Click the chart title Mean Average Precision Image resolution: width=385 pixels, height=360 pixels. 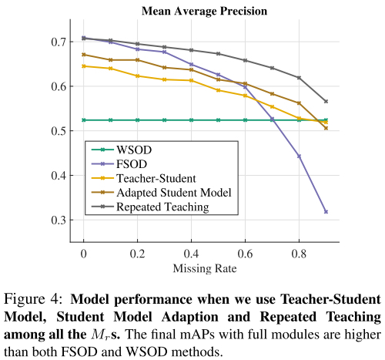click(x=205, y=11)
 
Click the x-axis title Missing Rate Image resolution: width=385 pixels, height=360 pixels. click(x=205, y=267)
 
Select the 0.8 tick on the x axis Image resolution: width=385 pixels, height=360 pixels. click(x=299, y=252)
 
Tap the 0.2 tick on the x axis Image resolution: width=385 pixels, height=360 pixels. click(x=138, y=252)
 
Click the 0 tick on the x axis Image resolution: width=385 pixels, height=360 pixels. click(x=84, y=252)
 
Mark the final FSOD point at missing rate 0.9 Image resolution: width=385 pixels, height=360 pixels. click(x=326, y=211)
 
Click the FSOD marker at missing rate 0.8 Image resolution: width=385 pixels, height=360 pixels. click(x=299, y=156)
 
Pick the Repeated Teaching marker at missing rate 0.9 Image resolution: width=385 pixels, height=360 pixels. click(x=326, y=101)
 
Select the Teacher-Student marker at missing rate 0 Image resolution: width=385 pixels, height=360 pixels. click(x=84, y=66)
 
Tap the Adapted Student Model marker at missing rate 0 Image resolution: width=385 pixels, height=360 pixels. click(x=84, y=55)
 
